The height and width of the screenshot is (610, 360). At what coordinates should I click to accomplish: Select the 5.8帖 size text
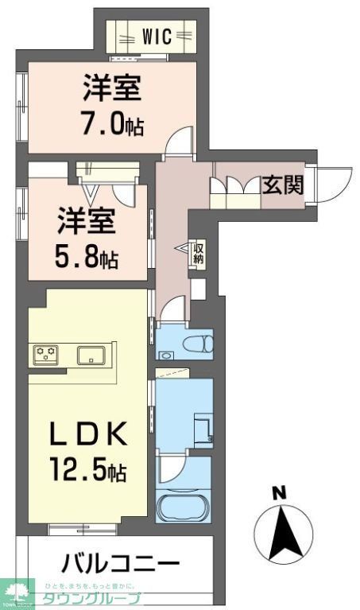(87, 258)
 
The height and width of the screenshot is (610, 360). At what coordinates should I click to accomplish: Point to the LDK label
(88, 435)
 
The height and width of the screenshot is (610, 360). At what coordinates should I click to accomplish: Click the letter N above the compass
(278, 493)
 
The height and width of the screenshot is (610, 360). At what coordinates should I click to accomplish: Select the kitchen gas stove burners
(46, 354)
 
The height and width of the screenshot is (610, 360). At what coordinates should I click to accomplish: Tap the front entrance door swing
(334, 181)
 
